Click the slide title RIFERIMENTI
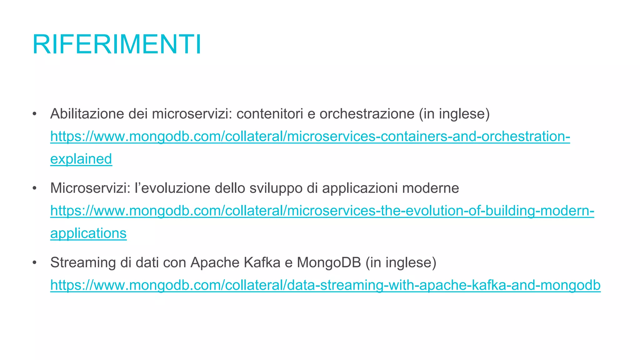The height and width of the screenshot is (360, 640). click(x=117, y=45)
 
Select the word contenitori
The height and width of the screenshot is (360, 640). click(x=270, y=114)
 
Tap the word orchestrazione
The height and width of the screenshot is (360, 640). click(x=367, y=114)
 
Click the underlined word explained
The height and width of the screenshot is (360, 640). click(x=81, y=159)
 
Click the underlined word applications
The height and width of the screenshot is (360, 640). click(x=88, y=233)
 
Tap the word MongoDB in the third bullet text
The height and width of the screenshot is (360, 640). click(x=329, y=262)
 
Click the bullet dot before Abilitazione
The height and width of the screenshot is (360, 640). click(x=35, y=114)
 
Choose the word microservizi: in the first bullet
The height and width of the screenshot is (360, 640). click(x=192, y=114)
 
